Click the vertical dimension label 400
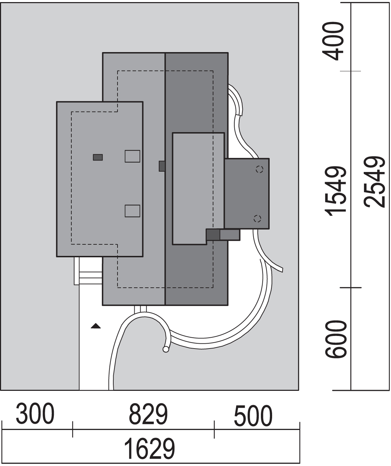click(x=333, y=41)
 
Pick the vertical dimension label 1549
click(x=336, y=191)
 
